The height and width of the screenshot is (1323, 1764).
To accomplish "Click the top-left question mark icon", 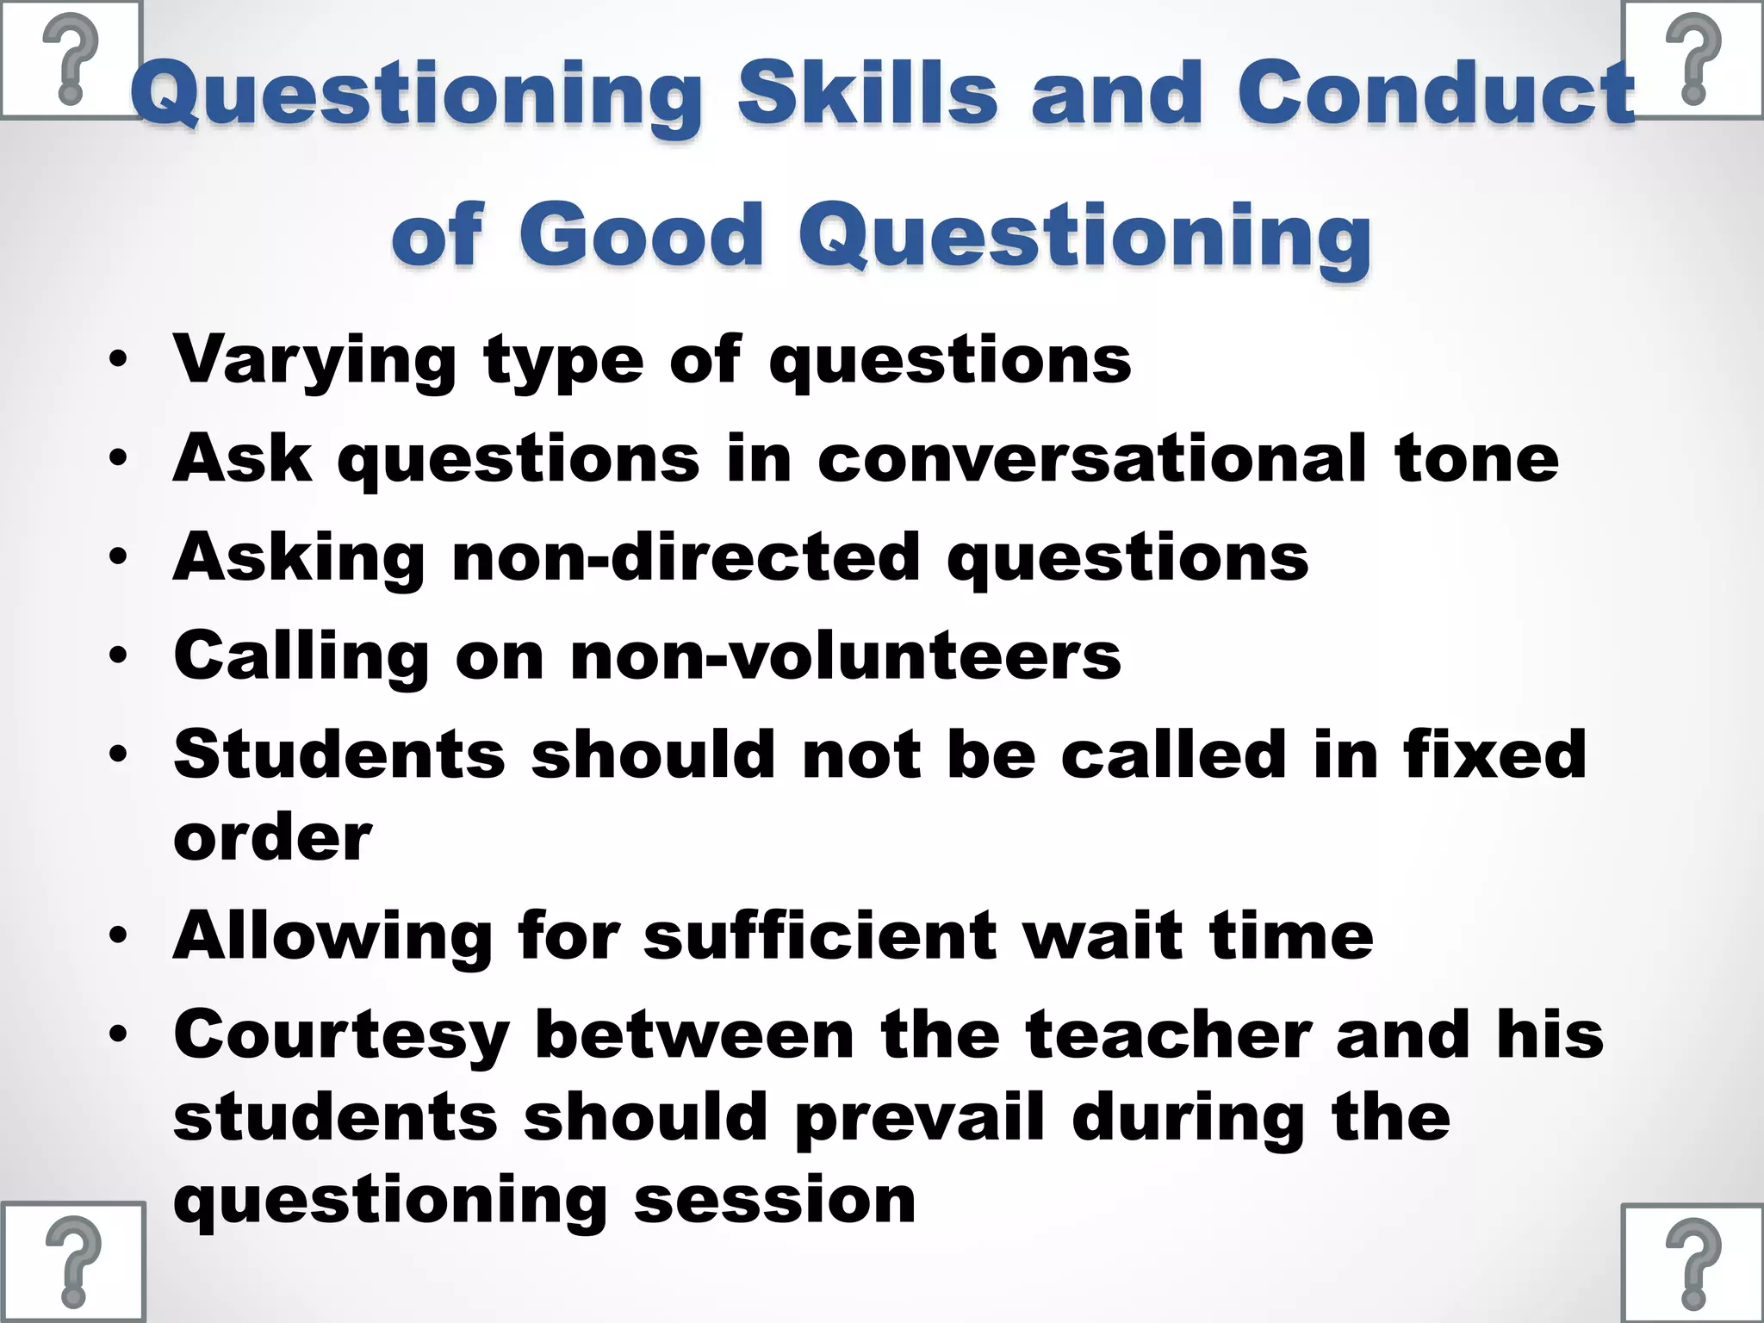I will [x=71, y=60].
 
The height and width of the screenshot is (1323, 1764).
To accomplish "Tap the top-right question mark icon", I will [x=1693, y=60].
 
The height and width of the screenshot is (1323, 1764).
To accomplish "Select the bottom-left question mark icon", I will [x=72, y=1263].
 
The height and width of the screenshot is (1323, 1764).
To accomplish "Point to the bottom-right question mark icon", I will [x=1693, y=1263].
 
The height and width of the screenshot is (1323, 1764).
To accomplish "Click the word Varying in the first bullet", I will [x=314, y=360].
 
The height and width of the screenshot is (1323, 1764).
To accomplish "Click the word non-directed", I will [x=686, y=556].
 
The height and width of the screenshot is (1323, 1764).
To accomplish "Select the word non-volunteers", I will [x=845, y=655].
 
